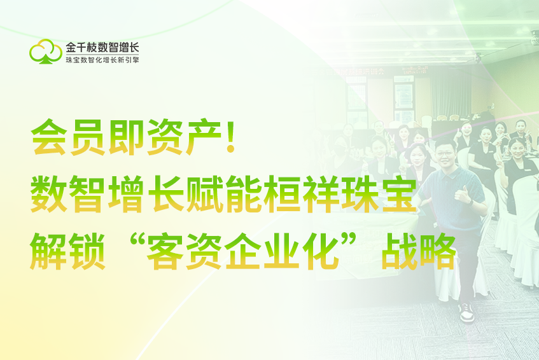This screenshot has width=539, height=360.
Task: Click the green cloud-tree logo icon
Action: [45, 52]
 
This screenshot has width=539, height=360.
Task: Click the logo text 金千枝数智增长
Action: [102, 47]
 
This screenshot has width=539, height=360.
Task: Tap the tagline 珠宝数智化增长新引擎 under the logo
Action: [102, 60]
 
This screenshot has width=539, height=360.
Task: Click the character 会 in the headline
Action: [49, 137]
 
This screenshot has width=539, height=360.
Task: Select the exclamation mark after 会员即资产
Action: [231, 137]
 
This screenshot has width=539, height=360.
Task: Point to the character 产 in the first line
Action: [204, 137]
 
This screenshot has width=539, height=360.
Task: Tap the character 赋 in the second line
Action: [204, 193]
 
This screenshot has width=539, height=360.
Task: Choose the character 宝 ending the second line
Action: [399, 193]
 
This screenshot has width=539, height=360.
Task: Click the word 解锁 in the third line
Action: [67, 251]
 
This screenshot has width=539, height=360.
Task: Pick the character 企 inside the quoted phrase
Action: [242, 251]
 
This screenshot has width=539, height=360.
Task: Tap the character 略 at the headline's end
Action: [438, 251]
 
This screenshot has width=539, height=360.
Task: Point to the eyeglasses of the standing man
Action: [445, 153]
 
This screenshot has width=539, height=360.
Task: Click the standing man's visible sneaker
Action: [466, 312]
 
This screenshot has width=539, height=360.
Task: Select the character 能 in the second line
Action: [243, 193]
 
